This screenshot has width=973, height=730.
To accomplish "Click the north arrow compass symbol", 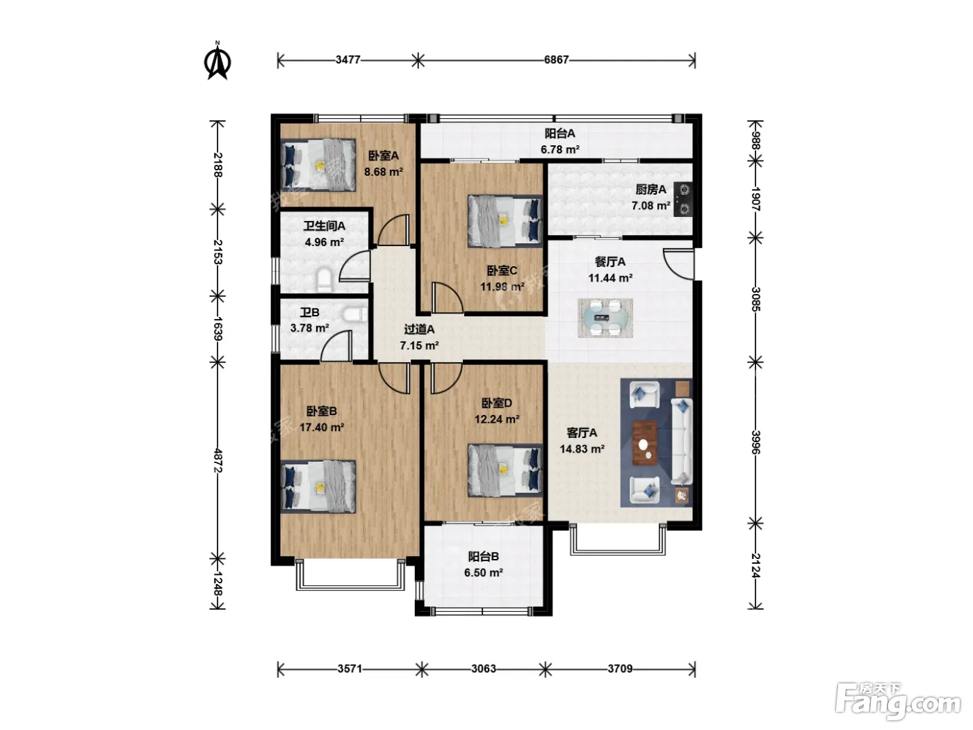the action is pyautogui.click(x=218, y=61).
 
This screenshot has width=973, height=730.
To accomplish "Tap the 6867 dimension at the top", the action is pyautogui.click(x=556, y=59).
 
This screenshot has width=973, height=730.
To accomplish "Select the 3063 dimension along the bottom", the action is pyautogui.click(x=484, y=668).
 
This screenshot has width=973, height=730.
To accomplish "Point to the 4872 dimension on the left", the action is pyautogui.click(x=218, y=460).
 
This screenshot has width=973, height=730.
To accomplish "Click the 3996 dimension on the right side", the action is pyautogui.click(x=755, y=442).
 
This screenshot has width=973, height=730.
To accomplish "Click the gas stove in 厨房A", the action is pyautogui.click(x=684, y=200).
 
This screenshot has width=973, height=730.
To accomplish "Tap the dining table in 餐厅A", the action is pyautogui.click(x=605, y=318).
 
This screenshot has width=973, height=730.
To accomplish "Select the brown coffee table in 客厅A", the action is pyautogui.click(x=645, y=443).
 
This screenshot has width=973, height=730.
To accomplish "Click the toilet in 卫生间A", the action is pyautogui.click(x=325, y=279).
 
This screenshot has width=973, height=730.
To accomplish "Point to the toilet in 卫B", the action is pyautogui.click(x=355, y=315).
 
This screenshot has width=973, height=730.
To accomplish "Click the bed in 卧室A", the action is pyautogui.click(x=318, y=165).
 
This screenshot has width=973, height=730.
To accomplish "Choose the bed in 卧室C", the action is pyautogui.click(x=505, y=221).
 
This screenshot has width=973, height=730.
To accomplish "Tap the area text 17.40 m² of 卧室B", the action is pyautogui.click(x=322, y=428).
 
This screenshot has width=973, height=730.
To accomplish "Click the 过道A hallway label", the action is pyautogui.click(x=419, y=330).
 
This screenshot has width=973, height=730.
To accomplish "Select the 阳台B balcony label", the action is pyautogui.click(x=484, y=556).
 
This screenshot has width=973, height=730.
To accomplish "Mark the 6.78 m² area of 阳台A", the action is pyautogui.click(x=560, y=149).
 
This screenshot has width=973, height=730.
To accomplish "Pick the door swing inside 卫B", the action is pyautogui.click(x=336, y=346).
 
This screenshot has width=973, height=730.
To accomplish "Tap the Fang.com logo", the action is pyautogui.click(x=898, y=702).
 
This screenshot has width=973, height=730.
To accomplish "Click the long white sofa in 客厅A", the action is pyautogui.click(x=681, y=441).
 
